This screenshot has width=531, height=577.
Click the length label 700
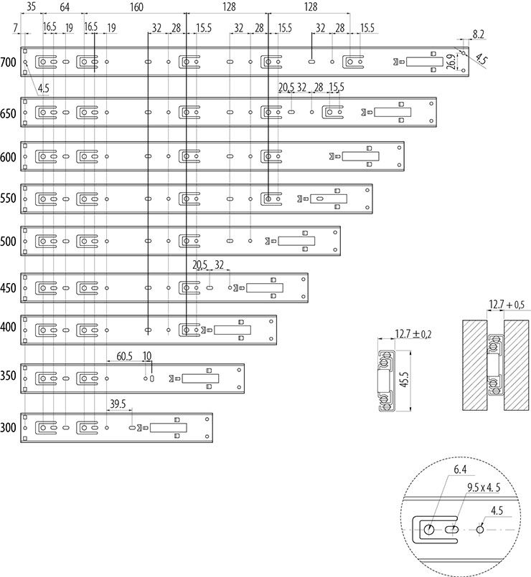9,63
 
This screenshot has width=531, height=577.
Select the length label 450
9,289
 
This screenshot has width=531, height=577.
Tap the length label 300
9,428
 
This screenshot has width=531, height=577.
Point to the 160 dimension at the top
136,7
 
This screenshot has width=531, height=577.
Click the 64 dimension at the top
65,7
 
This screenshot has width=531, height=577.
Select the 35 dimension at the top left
30,7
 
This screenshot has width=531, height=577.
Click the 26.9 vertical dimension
450,62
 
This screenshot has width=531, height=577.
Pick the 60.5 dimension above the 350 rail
126,356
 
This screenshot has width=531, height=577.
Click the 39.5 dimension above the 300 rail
118,404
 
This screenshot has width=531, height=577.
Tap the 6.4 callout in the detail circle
459,470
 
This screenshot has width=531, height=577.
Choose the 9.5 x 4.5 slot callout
482,488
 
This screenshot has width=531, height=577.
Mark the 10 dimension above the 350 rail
147,356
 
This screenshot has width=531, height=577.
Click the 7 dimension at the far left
16,28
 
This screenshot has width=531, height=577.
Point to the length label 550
9,200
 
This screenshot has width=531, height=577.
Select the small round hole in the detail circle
481,530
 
